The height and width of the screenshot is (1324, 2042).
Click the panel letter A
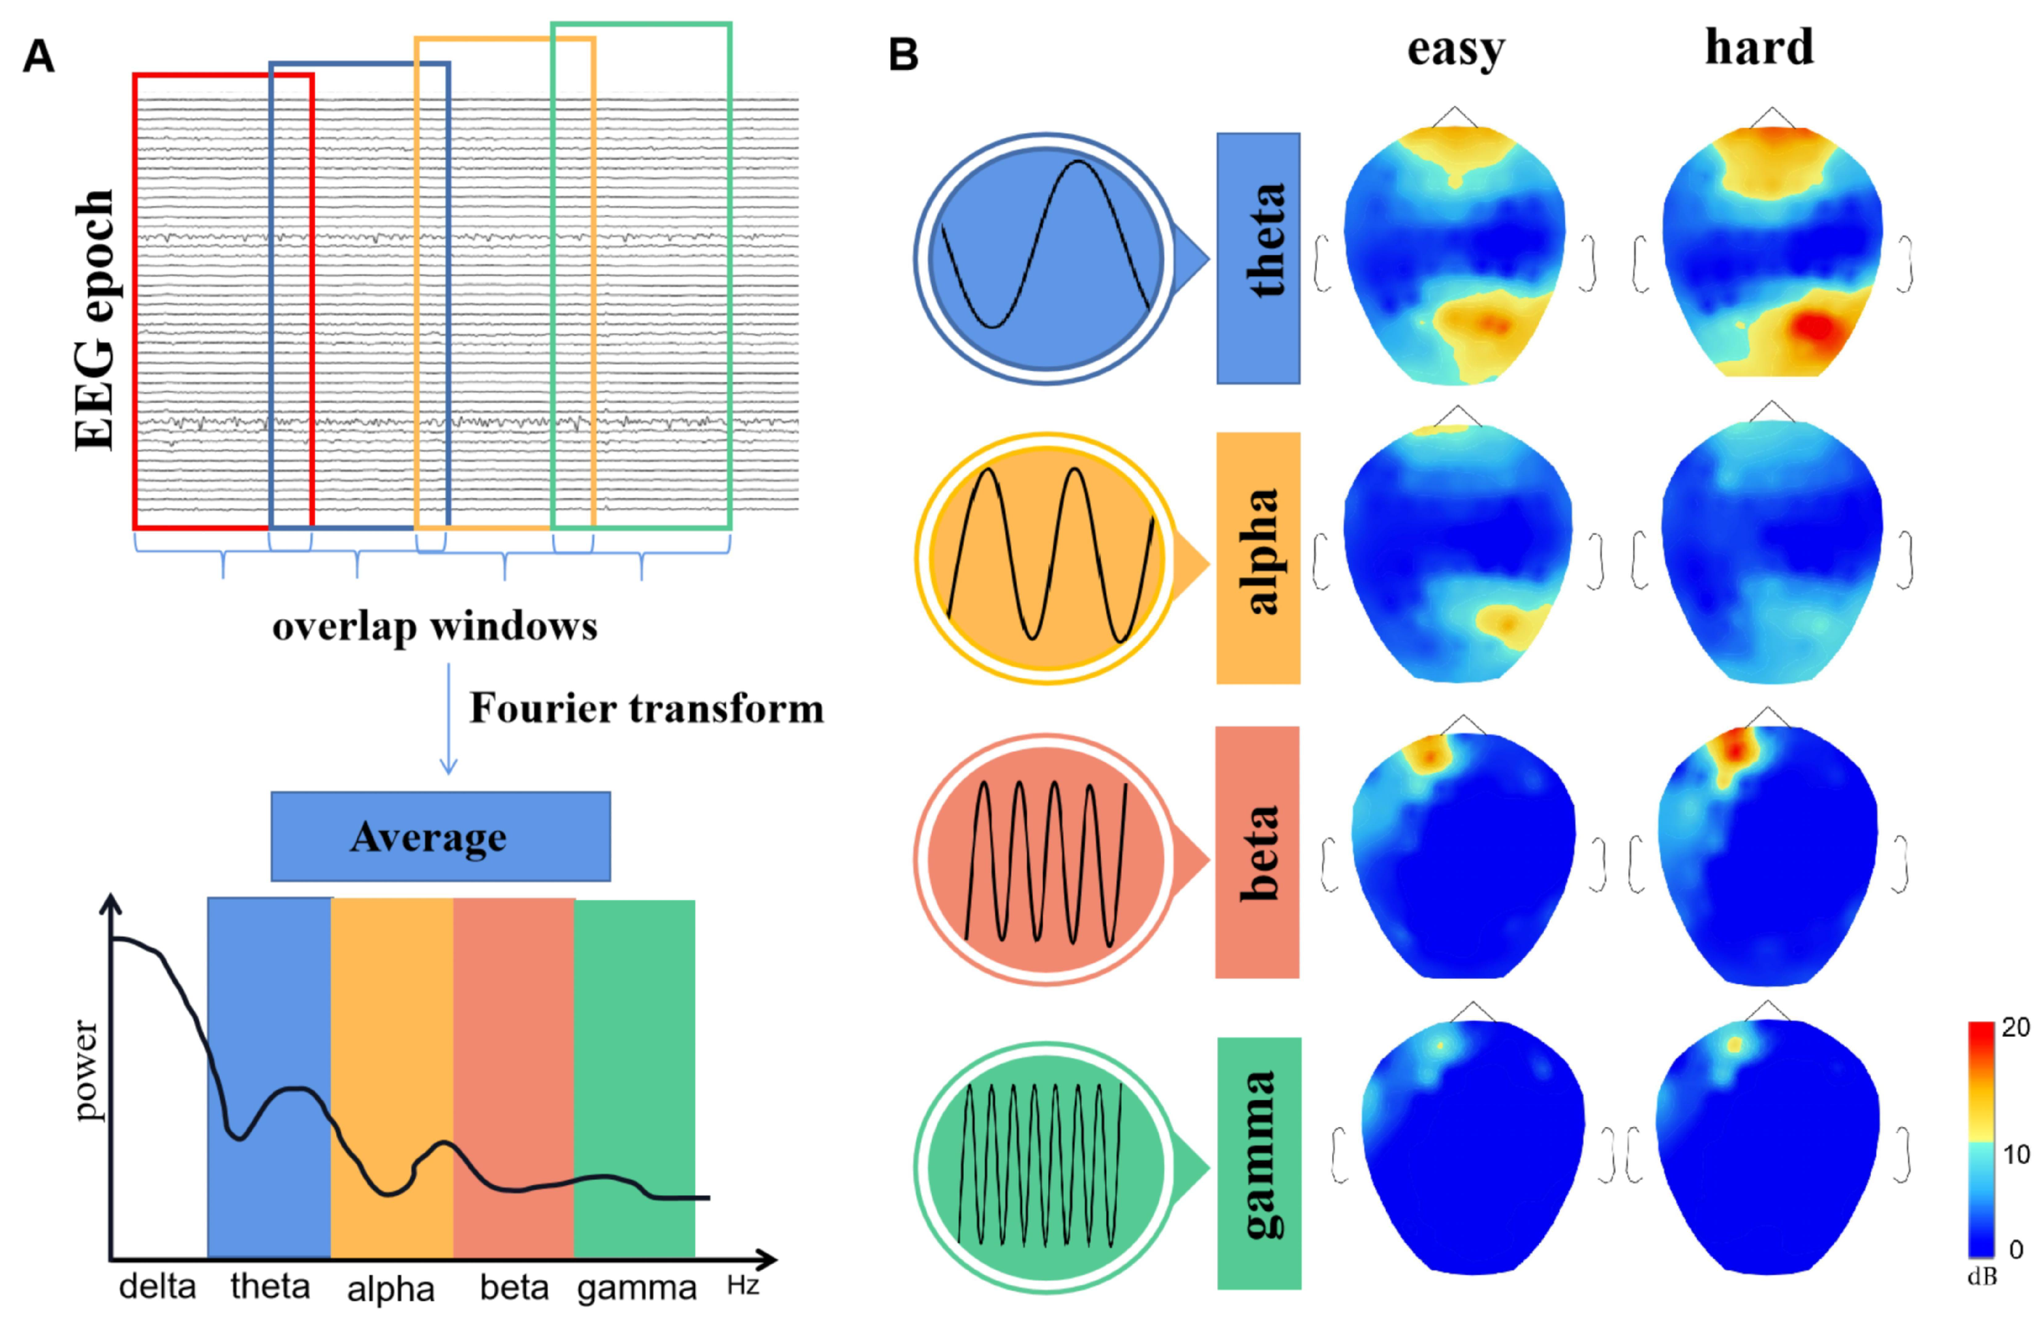[x=39, y=57]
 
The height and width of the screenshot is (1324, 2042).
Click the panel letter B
[x=903, y=55]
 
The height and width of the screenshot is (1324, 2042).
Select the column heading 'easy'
[x=1455, y=50]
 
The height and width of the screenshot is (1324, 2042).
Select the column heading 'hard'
[x=1759, y=47]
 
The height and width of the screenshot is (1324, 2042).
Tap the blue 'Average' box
[x=440, y=837]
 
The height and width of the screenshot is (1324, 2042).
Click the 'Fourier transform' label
[x=646, y=709]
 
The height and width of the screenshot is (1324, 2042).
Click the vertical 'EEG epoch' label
[x=95, y=319]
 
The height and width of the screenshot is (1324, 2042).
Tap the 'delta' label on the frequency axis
[x=157, y=1287]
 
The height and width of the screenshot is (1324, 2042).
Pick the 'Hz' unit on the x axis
[x=743, y=1286]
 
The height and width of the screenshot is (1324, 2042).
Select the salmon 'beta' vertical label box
[x=1258, y=852]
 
